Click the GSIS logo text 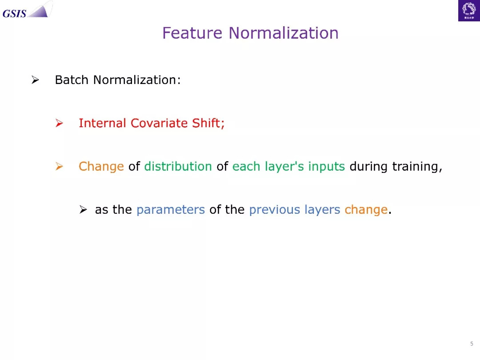pyautogui.click(x=14, y=13)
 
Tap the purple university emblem pyautogui.click(x=469, y=11)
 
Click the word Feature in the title pyautogui.click(x=192, y=33)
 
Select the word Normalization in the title pyautogui.click(x=284, y=33)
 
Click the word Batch pyautogui.click(x=72, y=80)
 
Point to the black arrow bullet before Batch pyautogui.click(x=35, y=80)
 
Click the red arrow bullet pyautogui.click(x=59, y=123)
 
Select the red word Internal pyautogui.click(x=102, y=123)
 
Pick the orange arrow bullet pyautogui.click(x=59, y=166)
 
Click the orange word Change pyautogui.click(x=101, y=167)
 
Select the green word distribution pyautogui.click(x=178, y=166)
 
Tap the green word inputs pyautogui.click(x=326, y=167)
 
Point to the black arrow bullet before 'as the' pyautogui.click(x=83, y=210)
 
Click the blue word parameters pyautogui.click(x=171, y=210)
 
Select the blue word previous pyautogui.click(x=275, y=210)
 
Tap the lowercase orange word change pyautogui.click(x=366, y=210)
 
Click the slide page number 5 pyautogui.click(x=472, y=344)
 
